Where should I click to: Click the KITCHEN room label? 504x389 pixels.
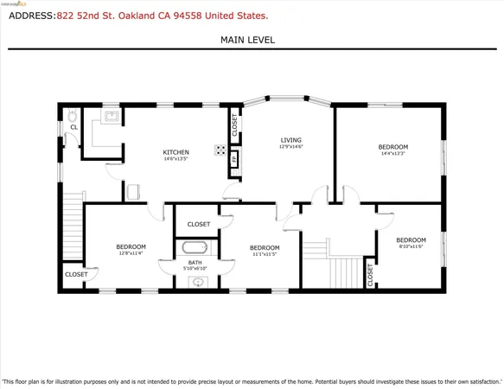(x=175, y=153)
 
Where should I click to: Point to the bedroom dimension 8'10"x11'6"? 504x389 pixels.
(x=411, y=247)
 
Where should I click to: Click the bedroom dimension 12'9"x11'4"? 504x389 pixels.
(x=131, y=254)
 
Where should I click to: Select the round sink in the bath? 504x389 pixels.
(x=198, y=282)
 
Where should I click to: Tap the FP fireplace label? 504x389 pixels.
(x=233, y=158)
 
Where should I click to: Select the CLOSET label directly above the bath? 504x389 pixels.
(x=198, y=224)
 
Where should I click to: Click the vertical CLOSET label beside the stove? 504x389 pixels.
(x=234, y=125)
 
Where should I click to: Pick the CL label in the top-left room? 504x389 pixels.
(x=74, y=127)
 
